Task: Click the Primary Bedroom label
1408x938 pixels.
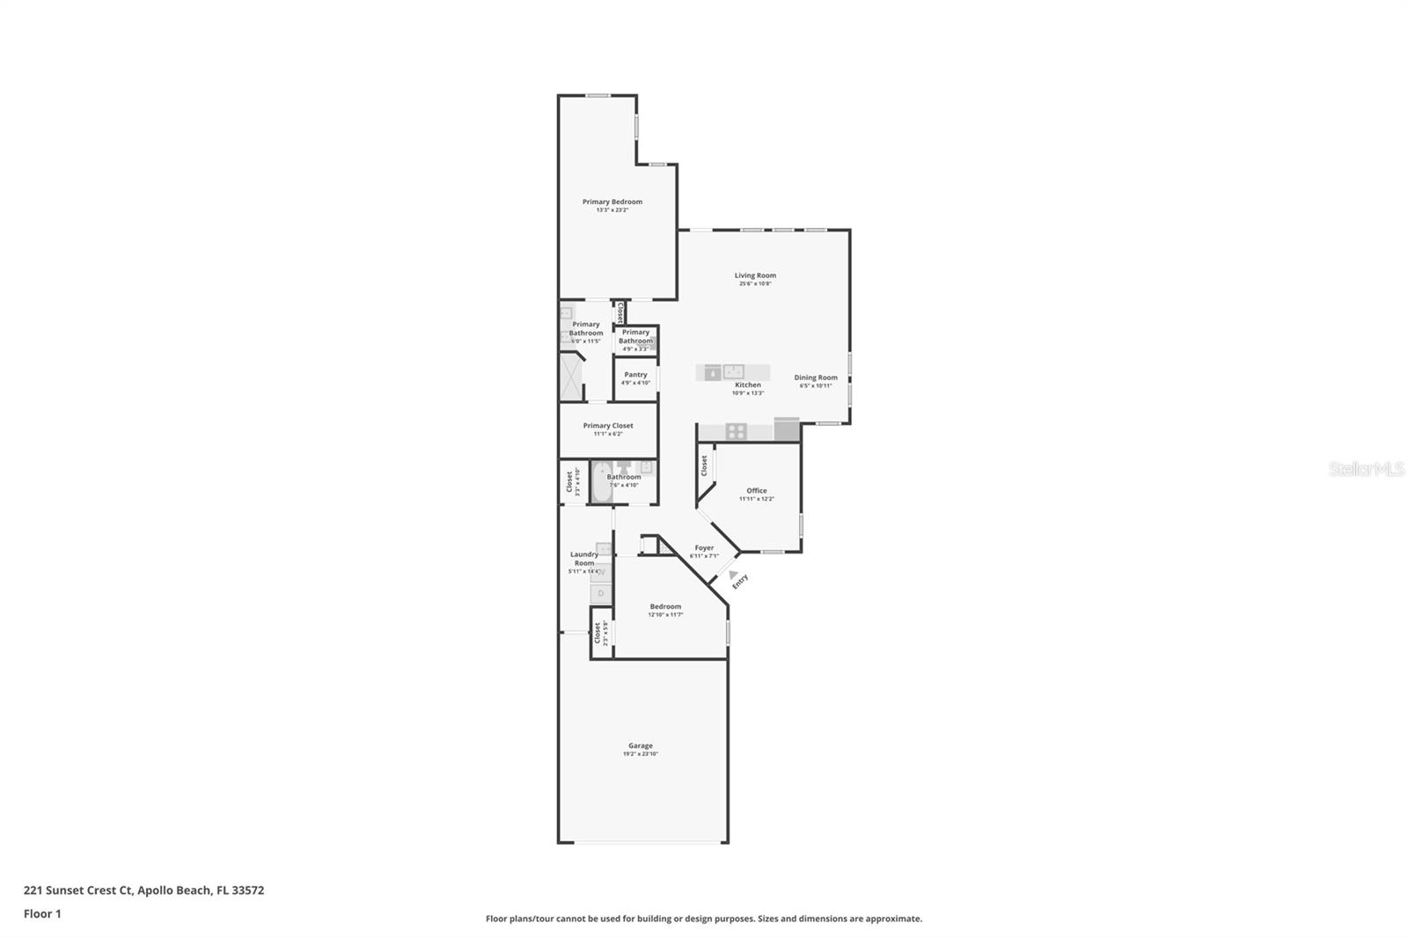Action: (612, 202)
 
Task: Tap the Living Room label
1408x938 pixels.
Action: (755, 275)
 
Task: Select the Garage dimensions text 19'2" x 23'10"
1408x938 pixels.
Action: (641, 754)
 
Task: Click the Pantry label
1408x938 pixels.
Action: (635, 375)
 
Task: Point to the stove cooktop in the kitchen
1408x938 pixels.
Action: (737, 431)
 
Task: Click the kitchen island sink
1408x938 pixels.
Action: (733, 371)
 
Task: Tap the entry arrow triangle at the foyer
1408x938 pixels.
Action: (733, 575)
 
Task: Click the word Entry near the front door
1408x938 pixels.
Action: (740, 582)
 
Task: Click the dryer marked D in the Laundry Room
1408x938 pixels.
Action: (601, 594)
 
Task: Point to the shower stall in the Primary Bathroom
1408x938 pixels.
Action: (571, 377)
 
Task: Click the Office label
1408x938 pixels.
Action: (757, 491)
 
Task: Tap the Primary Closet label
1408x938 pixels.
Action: (608, 426)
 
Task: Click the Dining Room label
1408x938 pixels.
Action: (816, 377)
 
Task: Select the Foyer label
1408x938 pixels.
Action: (704, 547)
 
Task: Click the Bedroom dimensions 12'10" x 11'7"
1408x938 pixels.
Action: (665, 615)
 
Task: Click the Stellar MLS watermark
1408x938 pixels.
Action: (1366, 470)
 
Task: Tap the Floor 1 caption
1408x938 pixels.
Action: (42, 914)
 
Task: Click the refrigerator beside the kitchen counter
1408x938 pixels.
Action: (786, 429)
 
